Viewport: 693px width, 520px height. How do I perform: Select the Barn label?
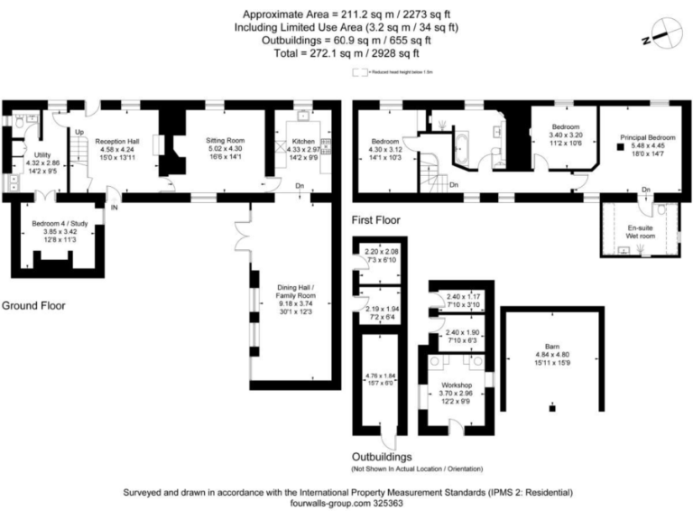pos(551,345)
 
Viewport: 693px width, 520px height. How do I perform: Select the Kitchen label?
pos(302,142)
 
